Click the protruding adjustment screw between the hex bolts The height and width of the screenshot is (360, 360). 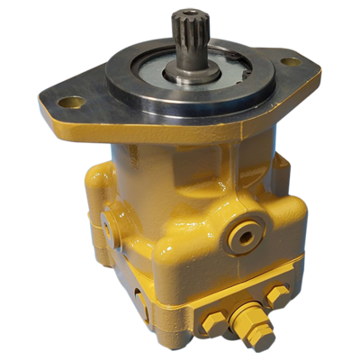pyautogui.click(x=245, y=316)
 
